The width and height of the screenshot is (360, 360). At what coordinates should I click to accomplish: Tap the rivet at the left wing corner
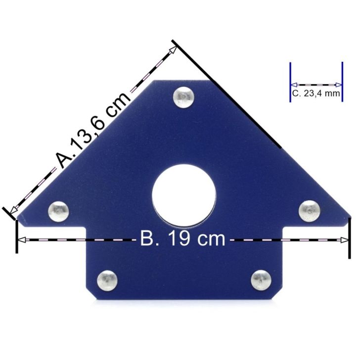[58, 211]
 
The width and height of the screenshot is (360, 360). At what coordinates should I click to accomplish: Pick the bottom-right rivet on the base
[261, 280]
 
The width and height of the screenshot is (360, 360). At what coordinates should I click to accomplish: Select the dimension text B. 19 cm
[183, 239]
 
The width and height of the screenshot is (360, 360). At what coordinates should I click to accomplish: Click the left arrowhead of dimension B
[21, 240]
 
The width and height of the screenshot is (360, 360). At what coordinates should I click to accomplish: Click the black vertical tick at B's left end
[17, 236]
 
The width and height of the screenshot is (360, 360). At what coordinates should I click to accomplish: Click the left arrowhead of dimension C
[293, 85]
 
